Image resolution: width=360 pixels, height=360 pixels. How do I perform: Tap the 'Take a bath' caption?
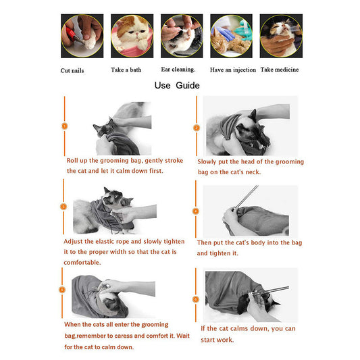[127, 70]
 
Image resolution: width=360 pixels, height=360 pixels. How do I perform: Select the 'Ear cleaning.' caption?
[178, 69]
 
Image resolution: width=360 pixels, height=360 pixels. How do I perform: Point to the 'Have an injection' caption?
[232, 70]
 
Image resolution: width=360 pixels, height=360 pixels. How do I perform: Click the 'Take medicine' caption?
[280, 70]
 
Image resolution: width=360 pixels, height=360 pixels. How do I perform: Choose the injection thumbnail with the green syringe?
[232, 35]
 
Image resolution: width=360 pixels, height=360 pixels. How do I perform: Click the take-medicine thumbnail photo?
[281, 35]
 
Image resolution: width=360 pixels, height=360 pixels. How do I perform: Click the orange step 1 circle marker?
[64, 126]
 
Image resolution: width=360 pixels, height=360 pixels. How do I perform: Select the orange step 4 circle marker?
[196, 211]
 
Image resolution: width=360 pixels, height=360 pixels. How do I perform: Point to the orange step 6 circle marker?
[196, 299]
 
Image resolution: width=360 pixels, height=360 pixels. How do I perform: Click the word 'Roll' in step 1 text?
[74, 161]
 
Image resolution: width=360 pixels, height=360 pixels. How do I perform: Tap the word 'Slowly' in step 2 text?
[208, 161]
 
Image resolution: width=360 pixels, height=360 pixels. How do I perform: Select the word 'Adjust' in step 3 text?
[75, 241]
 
